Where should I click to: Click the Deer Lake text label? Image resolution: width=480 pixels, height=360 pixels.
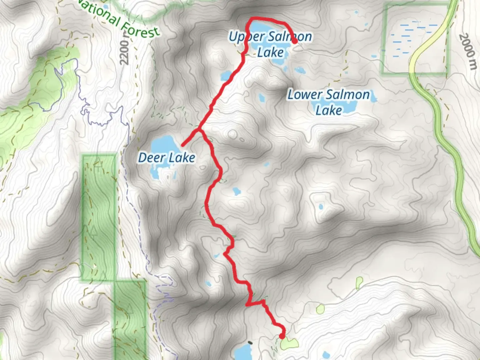pyautogui.click(x=166, y=157)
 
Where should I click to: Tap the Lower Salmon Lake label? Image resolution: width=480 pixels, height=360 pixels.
pyautogui.click(x=329, y=102)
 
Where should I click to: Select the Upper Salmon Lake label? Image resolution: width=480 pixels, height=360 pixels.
pyautogui.click(x=270, y=44)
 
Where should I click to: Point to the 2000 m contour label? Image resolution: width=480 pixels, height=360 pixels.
pyautogui.click(x=466, y=51)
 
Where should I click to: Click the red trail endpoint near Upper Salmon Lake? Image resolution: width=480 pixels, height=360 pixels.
pyautogui.click(x=295, y=41)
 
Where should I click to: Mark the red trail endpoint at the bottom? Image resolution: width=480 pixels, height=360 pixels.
pyautogui.click(x=282, y=336)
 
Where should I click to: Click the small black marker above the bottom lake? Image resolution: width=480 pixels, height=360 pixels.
pyautogui.click(x=250, y=342)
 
